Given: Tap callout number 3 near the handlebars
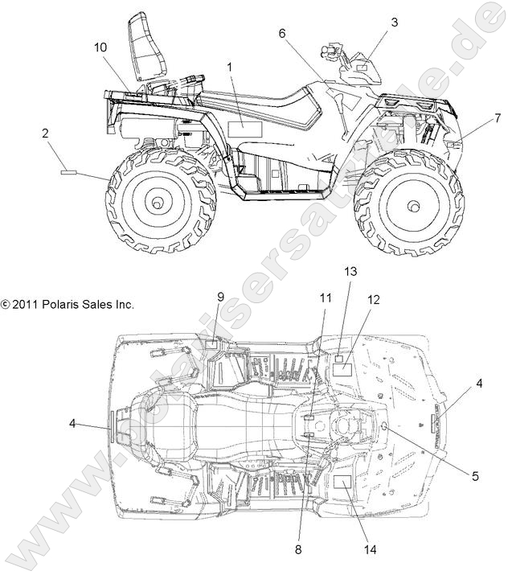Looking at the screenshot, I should [x=394, y=23].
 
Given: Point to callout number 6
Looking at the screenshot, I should [x=283, y=34].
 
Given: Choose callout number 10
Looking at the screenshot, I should [x=100, y=47].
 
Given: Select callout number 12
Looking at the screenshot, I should [x=374, y=299].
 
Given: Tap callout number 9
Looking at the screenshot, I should [x=220, y=297].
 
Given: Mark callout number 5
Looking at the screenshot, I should [x=475, y=475].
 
